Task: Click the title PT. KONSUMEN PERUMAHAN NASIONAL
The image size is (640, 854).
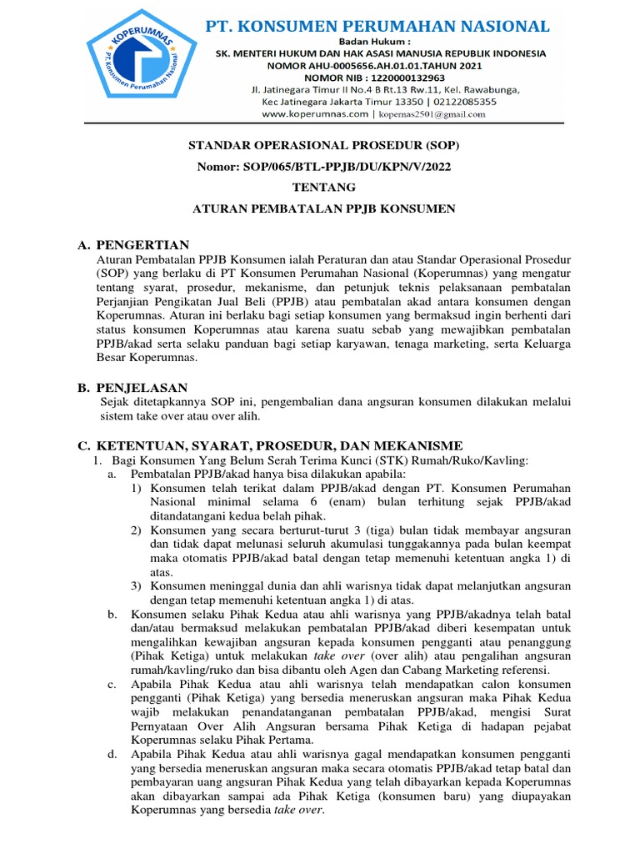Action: click(377, 27)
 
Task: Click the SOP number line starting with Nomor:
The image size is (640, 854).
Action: click(323, 166)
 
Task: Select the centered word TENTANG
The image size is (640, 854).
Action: click(323, 187)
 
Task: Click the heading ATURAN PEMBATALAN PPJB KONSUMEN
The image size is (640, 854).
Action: click(323, 208)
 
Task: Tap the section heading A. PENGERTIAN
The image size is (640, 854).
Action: click(133, 244)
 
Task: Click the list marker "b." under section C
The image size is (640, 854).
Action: click(112, 615)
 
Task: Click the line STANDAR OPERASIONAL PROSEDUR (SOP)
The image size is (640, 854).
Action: click(323, 145)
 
